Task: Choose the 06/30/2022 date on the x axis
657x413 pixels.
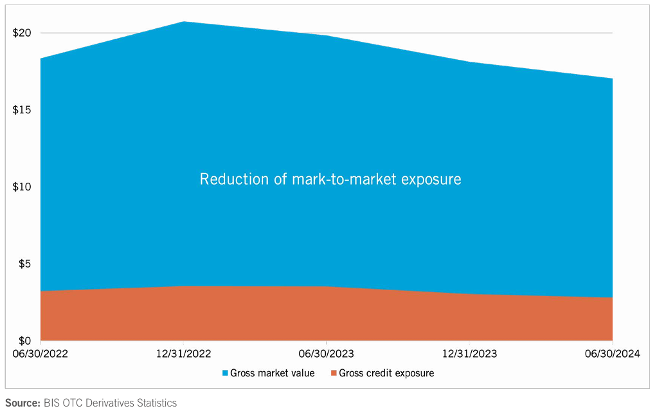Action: [40, 354]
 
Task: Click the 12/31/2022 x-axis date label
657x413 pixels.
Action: [183, 354]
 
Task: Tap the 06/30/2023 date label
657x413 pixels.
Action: [327, 354]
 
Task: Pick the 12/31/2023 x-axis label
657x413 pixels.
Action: [469, 354]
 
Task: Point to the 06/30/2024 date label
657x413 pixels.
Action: [612, 354]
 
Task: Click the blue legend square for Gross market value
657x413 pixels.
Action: [225, 373]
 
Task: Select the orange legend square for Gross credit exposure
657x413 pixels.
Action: [333, 373]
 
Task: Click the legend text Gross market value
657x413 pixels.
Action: [273, 373]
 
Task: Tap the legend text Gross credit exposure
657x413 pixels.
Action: [386, 373]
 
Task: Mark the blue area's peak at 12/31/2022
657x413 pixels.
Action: [184, 22]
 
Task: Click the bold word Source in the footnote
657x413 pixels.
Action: [22, 403]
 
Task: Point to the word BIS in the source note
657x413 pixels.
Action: [53, 403]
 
